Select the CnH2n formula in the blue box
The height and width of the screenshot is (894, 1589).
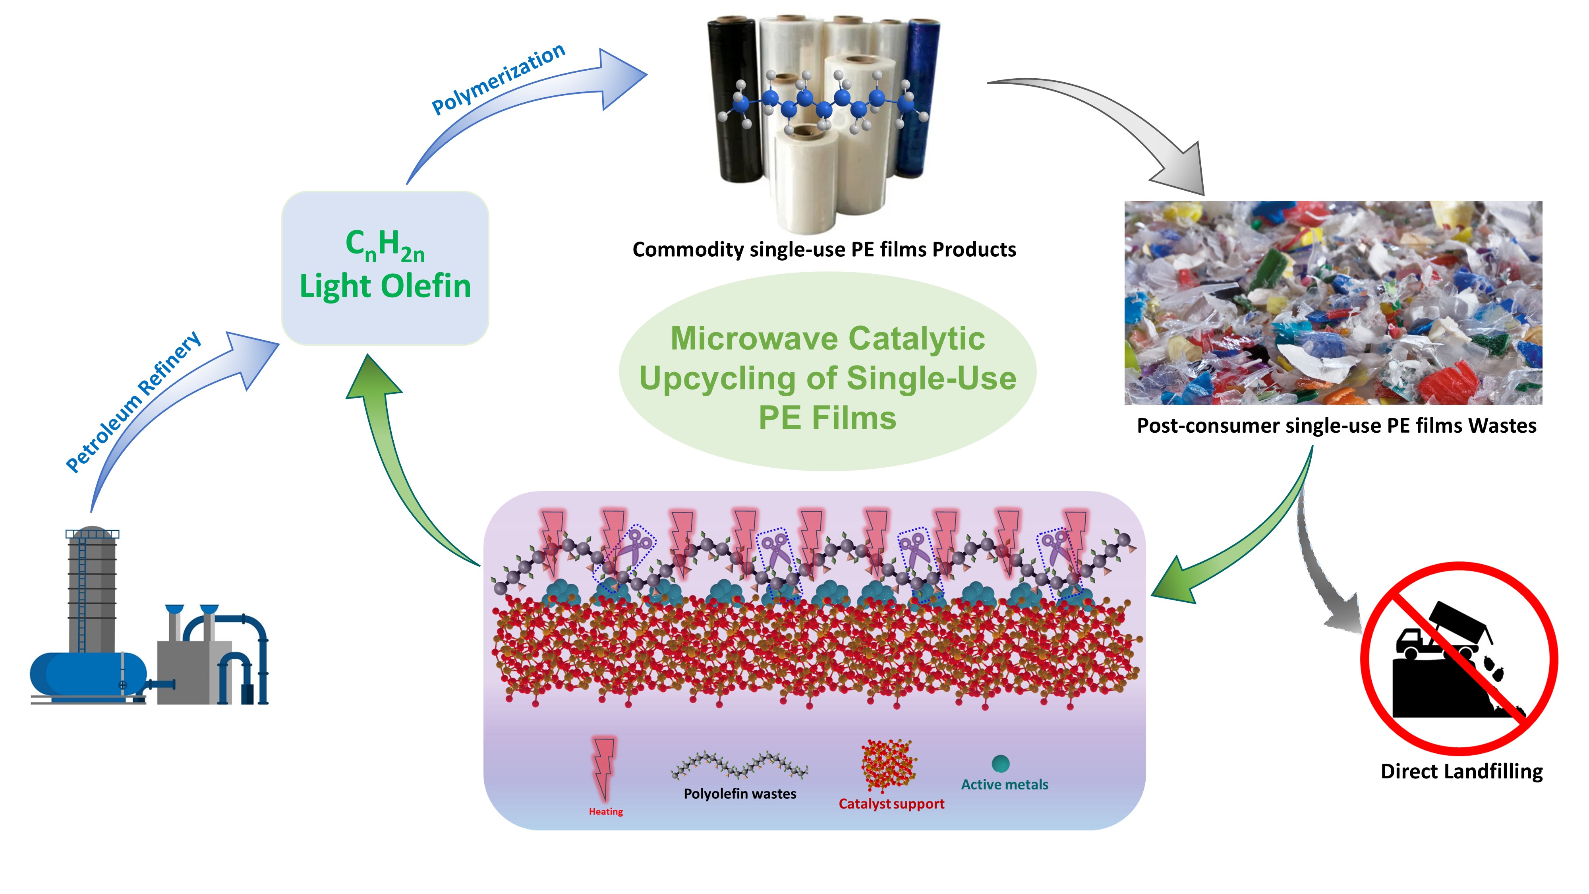[x=385, y=244]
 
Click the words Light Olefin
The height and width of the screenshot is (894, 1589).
[x=385, y=286]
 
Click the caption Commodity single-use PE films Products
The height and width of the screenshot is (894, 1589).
[x=824, y=249]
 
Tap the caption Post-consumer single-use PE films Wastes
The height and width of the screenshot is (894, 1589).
[x=1336, y=426]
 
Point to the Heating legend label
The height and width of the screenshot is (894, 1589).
[x=605, y=811]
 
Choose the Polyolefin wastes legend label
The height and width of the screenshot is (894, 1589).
[x=740, y=794]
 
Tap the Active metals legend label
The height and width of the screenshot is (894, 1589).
[x=1004, y=785]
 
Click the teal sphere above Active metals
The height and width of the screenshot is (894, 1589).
[x=1001, y=764]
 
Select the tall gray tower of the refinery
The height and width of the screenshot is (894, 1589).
[x=92, y=586]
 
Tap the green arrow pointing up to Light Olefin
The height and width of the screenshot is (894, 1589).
[x=395, y=457]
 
